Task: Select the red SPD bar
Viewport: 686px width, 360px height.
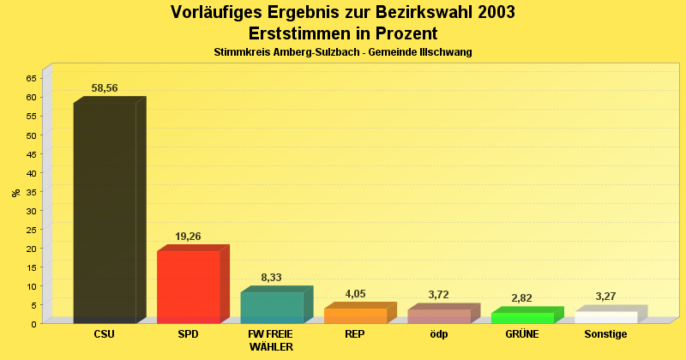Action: tap(189, 286)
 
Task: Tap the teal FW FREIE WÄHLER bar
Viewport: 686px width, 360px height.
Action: tap(272, 307)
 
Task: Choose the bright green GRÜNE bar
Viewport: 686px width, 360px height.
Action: tap(522, 318)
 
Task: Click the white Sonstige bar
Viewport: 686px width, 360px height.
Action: tap(605, 317)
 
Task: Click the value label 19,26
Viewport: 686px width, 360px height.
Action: tap(188, 237)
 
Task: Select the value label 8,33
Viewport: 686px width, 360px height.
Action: tap(271, 278)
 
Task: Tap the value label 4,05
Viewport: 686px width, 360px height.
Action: tap(355, 294)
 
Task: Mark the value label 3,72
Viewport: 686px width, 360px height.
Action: tap(438, 295)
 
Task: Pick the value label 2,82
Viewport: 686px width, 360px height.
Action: tap(521, 298)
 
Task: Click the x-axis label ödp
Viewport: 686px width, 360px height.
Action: tap(439, 334)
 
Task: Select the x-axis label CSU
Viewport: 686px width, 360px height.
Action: tap(105, 334)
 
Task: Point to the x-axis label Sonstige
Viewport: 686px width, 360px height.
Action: tap(606, 334)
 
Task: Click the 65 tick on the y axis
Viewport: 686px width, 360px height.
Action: tap(31, 78)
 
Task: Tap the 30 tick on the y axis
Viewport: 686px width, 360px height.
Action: tap(31, 210)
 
